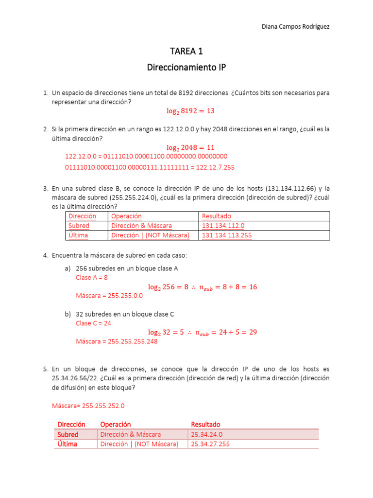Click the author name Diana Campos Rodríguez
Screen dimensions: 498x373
click(295, 27)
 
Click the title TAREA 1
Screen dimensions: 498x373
click(186, 52)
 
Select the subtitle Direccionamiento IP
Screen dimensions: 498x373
click(186, 68)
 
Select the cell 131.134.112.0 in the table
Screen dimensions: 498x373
click(223, 226)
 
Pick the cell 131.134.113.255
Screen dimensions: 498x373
click(227, 235)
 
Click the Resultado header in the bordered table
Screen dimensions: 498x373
click(217, 216)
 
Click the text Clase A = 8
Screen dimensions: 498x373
click(92, 277)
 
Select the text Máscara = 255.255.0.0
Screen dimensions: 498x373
click(109, 295)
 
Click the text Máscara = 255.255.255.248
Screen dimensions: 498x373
click(117, 341)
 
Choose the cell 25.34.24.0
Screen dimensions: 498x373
click(207, 434)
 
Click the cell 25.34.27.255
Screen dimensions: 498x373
click(210, 444)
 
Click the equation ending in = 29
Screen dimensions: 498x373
click(202, 332)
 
